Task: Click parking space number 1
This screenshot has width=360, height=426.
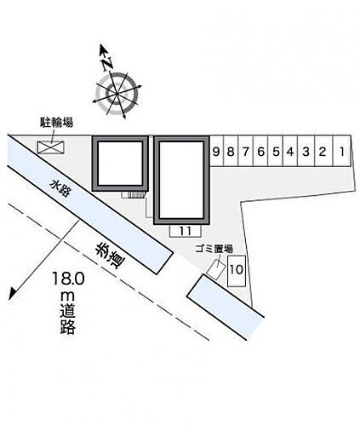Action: point(341,151)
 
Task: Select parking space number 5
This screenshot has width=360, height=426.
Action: point(275,151)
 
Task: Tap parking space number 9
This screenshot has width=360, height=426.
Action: point(216,151)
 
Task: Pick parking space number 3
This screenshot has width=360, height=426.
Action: point(306,151)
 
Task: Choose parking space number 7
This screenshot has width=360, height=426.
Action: point(245,151)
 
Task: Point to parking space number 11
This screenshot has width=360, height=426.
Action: point(186,231)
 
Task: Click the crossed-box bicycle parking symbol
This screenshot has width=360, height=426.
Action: point(51,147)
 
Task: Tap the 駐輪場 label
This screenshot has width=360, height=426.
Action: point(56,123)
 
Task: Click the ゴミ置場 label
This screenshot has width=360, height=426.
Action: point(214,249)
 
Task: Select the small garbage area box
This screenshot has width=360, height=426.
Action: point(216,268)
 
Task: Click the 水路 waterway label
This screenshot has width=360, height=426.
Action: point(60,188)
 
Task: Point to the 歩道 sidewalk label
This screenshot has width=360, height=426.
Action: point(110,255)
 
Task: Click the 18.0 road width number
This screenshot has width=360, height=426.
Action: point(68,279)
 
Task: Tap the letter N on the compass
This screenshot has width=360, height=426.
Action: point(107,64)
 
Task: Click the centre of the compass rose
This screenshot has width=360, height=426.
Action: point(117,94)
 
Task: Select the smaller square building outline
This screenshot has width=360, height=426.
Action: point(120,164)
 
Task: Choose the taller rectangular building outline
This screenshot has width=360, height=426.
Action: point(181,181)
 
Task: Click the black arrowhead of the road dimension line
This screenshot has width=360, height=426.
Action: point(12,294)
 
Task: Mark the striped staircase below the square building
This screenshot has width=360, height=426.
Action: point(134,194)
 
